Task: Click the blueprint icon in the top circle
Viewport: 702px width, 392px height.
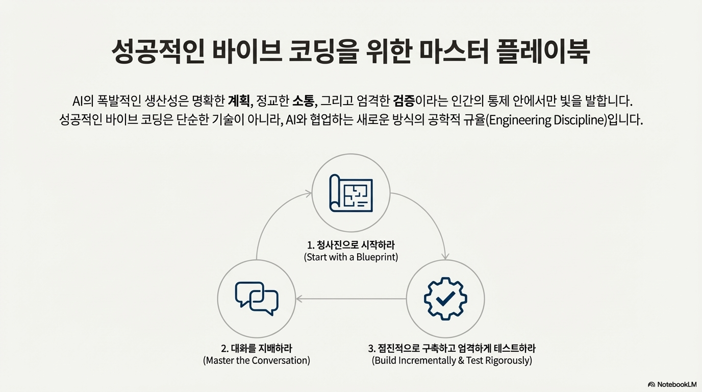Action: pos(351,193)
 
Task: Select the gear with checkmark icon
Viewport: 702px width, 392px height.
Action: pos(445,299)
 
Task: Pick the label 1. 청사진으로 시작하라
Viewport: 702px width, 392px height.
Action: pos(351,246)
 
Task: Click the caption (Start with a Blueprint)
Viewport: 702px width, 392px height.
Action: pos(351,257)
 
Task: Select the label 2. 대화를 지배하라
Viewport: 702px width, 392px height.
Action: pos(257,349)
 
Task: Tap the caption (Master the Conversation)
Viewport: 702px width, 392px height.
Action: pos(257,361)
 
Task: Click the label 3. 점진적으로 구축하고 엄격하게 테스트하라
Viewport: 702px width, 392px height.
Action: pos(452,349)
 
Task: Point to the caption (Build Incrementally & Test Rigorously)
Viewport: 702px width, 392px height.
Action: pos(452,361)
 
